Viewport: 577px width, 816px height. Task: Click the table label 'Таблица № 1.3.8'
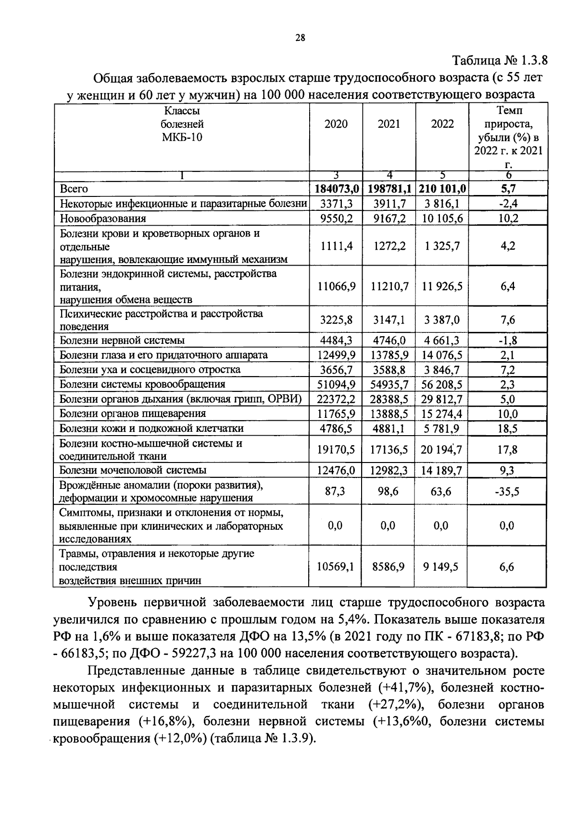click(x=500, y=61)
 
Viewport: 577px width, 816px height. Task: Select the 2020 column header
click(x=336, y=124)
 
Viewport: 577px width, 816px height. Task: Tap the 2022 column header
click(x=442, y=124)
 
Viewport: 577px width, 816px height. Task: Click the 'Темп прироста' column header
click(x=508, y=137)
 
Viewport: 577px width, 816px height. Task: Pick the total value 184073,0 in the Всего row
click(x=336, y=189)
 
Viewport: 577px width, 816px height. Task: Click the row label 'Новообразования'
click(x=102, y=219)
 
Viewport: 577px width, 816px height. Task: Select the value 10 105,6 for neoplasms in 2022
click(x=442, y=219)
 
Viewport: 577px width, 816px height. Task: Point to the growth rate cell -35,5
click(x=507, y=492)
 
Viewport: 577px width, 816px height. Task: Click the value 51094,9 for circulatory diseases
click(x=336, y=384)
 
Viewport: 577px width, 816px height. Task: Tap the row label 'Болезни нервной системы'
click(x=122, y=341)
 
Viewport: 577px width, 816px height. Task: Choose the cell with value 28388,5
click(x=389, y=399)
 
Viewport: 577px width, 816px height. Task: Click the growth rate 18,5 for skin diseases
click(x=507, y=428)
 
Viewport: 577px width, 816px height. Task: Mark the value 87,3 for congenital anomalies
click(x=335, y=492)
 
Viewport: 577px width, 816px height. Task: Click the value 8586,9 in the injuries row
click(x=389, y=567)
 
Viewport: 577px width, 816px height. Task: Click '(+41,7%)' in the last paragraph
click(x=405, y=687)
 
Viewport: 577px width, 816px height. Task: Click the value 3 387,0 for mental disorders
click(x=442, y=320)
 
